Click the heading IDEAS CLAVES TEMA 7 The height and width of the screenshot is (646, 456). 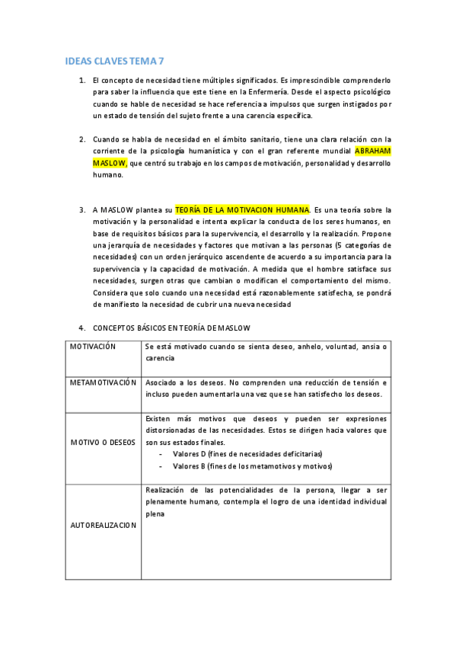(114, 59)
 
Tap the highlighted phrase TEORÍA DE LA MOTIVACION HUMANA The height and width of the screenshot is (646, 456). (242, 209)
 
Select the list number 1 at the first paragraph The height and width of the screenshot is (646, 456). (82, 79)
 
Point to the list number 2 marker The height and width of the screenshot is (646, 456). (82, 139)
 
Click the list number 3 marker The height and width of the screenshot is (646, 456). (82, 209)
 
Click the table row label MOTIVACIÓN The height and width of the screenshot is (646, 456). (93, 347)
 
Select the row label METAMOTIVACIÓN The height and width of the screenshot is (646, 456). (103, 382)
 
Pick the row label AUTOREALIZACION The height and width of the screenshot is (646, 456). (103, 525)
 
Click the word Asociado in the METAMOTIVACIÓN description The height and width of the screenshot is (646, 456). (161, 382)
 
